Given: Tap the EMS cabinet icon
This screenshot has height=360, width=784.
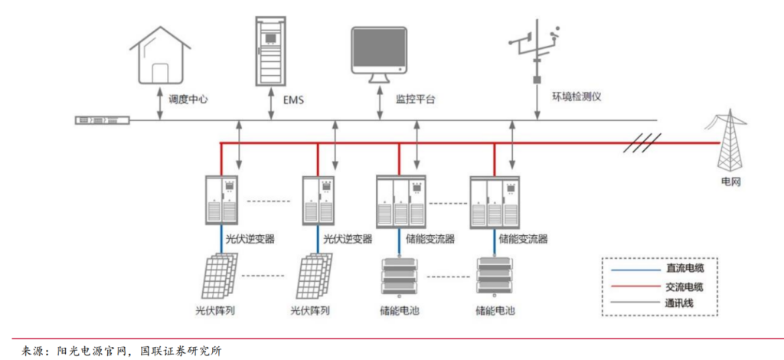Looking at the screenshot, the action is click(270, 51).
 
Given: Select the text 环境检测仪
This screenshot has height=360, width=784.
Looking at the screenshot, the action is click(576, 97).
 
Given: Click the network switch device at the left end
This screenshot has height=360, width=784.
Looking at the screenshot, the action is click(103, 120).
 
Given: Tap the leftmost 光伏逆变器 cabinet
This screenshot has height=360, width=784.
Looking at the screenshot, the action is click(221, 199).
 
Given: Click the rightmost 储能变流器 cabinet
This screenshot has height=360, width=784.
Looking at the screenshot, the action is click(495, 202).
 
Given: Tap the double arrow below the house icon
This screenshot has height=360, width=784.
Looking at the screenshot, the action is click(160, 103).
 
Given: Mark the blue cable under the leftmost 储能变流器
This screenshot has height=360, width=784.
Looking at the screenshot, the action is click(399, 241).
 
